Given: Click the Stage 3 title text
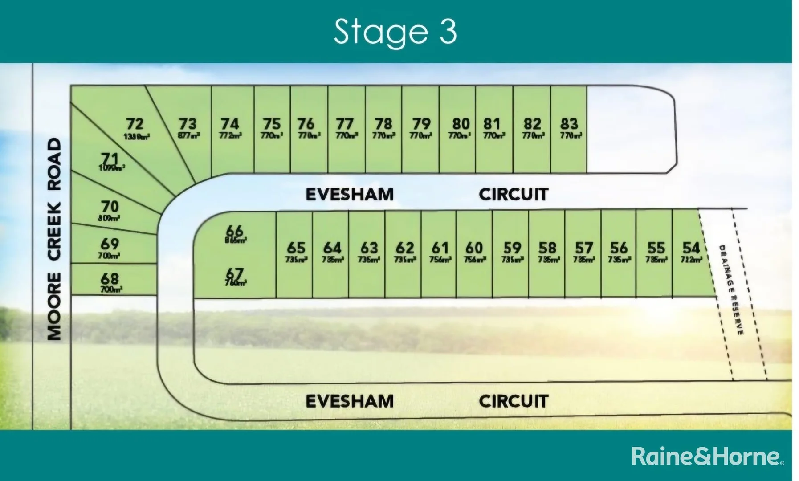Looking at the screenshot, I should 395,32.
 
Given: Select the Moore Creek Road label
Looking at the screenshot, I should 54,239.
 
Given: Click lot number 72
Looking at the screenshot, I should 135,123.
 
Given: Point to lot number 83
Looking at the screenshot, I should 569,123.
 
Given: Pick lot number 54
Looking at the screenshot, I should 691,248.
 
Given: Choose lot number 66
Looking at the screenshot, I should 234,231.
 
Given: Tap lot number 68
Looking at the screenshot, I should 110,279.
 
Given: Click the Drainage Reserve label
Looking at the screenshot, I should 730,289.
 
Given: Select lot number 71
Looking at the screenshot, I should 110,159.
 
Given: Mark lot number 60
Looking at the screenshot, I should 474,248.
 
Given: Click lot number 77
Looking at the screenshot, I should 345,123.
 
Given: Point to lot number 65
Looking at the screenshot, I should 296,248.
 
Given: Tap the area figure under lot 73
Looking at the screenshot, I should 189,135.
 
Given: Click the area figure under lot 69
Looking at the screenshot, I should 109,256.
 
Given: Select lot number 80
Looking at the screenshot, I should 461,123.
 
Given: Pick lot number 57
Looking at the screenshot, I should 583,248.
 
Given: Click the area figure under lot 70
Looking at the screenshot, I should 109,218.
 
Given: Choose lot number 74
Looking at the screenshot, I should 230,123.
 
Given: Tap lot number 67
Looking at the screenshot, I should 235,273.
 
